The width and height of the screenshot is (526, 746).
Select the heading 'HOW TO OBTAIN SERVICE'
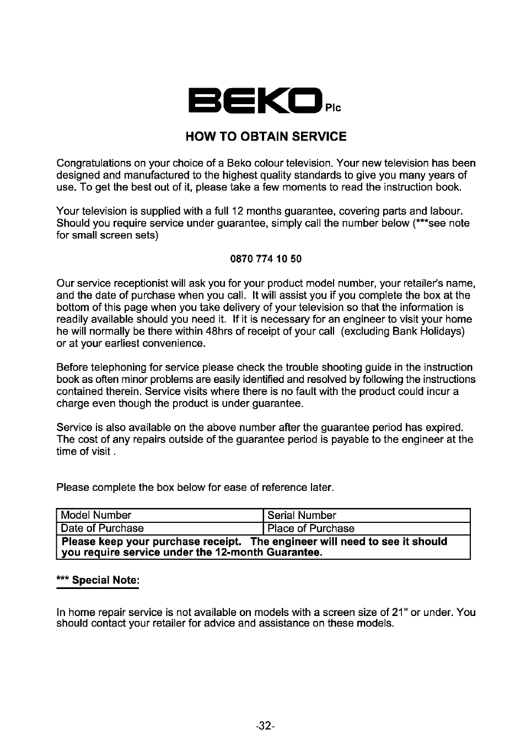(x=266, y=136)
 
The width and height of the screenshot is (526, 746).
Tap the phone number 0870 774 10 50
(x=265, y=259)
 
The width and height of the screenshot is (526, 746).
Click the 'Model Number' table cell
(x=160, y=515)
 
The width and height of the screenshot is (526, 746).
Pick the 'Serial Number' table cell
(x=367, y=515)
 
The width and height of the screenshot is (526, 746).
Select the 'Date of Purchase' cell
(x=160, y=528)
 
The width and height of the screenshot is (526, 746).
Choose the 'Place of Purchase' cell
(x=367, y=528)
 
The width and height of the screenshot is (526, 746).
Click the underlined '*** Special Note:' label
(x=98, y=581)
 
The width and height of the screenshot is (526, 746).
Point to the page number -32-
(x=265, y=726)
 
